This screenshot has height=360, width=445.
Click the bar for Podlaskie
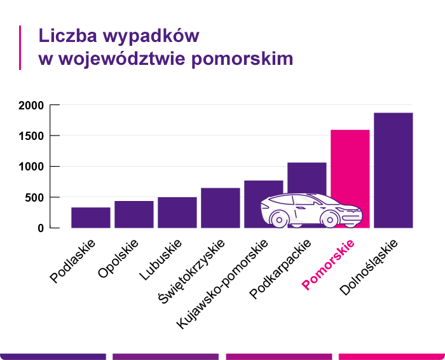(x=91, y=218)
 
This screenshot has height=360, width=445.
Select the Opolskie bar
(x=134, y=214)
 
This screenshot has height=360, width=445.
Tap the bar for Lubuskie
(x=177, y=212)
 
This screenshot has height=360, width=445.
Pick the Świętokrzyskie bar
(x=221, y=207)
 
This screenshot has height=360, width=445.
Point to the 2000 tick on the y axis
(x=31, y=106)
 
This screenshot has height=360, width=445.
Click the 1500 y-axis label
(x=31, y=136)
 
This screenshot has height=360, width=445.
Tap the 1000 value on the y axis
(x=31, y=167)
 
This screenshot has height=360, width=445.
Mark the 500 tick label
(x=34, y=197)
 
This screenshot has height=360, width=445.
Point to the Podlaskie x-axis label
(x=72, y=261)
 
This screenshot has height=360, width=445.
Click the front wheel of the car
(x=329, y=219)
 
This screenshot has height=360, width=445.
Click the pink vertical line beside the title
(x=20, y=47)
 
